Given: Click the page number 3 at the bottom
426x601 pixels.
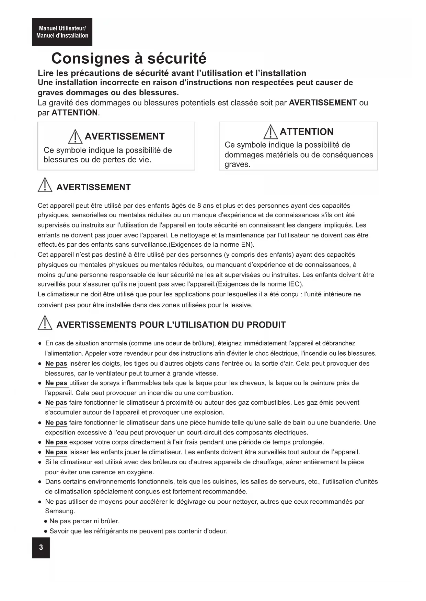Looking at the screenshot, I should [x=41, y=547].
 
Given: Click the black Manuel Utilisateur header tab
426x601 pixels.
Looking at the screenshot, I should [x=62, y=32].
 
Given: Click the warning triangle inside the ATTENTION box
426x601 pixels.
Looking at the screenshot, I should [x=271, y=132].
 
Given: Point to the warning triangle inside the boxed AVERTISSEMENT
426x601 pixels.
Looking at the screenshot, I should [x=76, y=137].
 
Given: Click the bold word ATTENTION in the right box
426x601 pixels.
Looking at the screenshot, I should [x=307, y=132].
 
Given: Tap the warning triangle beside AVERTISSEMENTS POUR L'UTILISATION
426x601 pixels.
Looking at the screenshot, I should [x=45, y=324].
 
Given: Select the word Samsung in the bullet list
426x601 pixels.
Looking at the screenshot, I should [x=59, y=511].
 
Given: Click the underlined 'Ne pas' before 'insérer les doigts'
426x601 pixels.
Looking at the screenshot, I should [x=56, y=363].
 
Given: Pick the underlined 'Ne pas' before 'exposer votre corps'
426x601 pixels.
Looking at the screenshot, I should [x=56, y=442].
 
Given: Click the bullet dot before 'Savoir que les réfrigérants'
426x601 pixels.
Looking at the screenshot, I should [x=46, y=531].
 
